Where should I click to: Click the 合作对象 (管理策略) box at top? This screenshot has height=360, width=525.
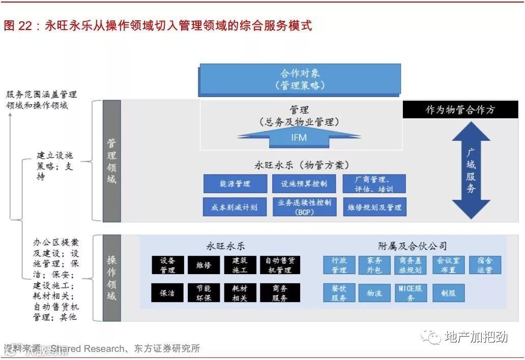click(x=300, y=80)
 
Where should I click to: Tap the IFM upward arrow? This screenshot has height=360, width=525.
click(x=299, y=137)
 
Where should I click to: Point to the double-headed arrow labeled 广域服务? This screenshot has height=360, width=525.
click(x=471, y=170)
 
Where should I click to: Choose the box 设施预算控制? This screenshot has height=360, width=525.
click(x=304, y=184)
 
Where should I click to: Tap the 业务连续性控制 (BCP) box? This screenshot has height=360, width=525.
click(x=304, y=207)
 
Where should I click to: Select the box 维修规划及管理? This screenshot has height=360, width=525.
click(x=374, y=207)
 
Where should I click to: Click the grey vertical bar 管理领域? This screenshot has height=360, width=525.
click(x=111, y=161)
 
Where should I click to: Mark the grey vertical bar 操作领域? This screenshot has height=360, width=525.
click(x=111, y=278)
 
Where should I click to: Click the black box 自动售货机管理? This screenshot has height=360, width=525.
click(x=280, y=265)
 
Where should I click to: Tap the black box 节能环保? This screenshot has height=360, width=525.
click(x=203, y=293)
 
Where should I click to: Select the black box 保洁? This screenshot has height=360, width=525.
click(x=167, y=293)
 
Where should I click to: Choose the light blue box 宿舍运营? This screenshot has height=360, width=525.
click(x=484, y=265)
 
